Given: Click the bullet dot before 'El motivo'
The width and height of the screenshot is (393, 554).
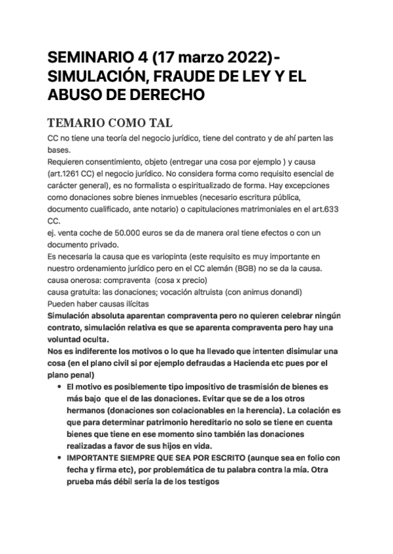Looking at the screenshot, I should click(60, 387).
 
